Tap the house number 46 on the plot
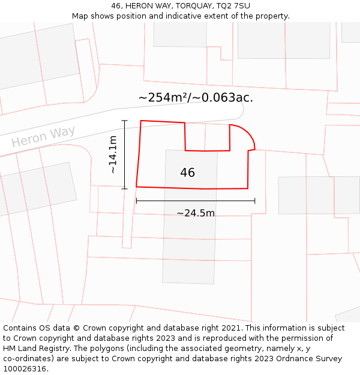(187, 173)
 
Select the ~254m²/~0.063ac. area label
(196, 97)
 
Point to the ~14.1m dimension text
(112, 155)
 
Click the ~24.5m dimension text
(196, 212)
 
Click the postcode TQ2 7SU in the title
(230, 6)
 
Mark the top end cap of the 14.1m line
(125, 121)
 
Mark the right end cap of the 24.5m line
(255, 201)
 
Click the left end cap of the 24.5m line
(136, 201)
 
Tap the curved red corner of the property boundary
(247, 133)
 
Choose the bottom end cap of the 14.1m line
(125, 189)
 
